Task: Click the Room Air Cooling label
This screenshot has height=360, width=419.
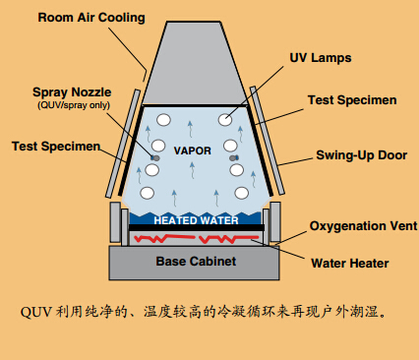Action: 91,18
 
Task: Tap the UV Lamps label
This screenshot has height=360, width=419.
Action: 321,58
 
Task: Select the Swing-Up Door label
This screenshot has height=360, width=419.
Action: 362,155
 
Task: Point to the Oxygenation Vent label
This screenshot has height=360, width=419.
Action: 364,226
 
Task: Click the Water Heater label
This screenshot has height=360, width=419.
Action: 350,263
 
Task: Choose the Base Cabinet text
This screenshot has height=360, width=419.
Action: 196,262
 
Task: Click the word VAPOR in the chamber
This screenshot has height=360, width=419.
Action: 193,150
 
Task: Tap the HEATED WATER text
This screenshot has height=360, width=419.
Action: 196,220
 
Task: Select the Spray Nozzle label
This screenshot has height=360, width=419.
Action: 72,92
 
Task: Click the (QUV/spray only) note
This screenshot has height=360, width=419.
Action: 74,105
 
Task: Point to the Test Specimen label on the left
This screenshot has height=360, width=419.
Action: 56,147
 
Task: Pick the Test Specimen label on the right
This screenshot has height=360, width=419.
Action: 352,100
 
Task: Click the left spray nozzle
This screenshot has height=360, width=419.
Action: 155,158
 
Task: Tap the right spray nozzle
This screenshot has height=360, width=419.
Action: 234,158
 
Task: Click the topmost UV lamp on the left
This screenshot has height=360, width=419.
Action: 163,120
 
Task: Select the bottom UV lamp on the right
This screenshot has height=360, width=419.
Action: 242,193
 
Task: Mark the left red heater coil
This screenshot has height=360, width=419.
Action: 164,238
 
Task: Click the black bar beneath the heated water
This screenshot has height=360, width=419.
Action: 197,227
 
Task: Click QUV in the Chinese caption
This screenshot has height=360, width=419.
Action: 35,312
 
